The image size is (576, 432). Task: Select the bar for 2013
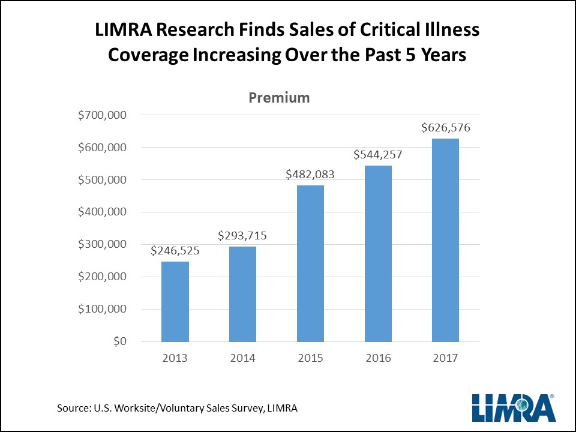175,302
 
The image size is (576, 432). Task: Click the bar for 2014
242,294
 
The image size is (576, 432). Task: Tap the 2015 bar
310,263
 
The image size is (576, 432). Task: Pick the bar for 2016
377,253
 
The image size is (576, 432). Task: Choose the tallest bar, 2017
445,240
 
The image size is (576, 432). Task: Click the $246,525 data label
175,251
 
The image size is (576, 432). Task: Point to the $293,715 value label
242,236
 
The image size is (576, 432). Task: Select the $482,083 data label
310,175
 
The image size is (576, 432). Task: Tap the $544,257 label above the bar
377,154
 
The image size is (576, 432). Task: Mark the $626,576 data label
445,127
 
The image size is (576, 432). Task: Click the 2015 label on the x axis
310,358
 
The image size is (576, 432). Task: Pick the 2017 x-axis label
445,358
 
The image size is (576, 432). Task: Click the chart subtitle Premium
279,97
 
